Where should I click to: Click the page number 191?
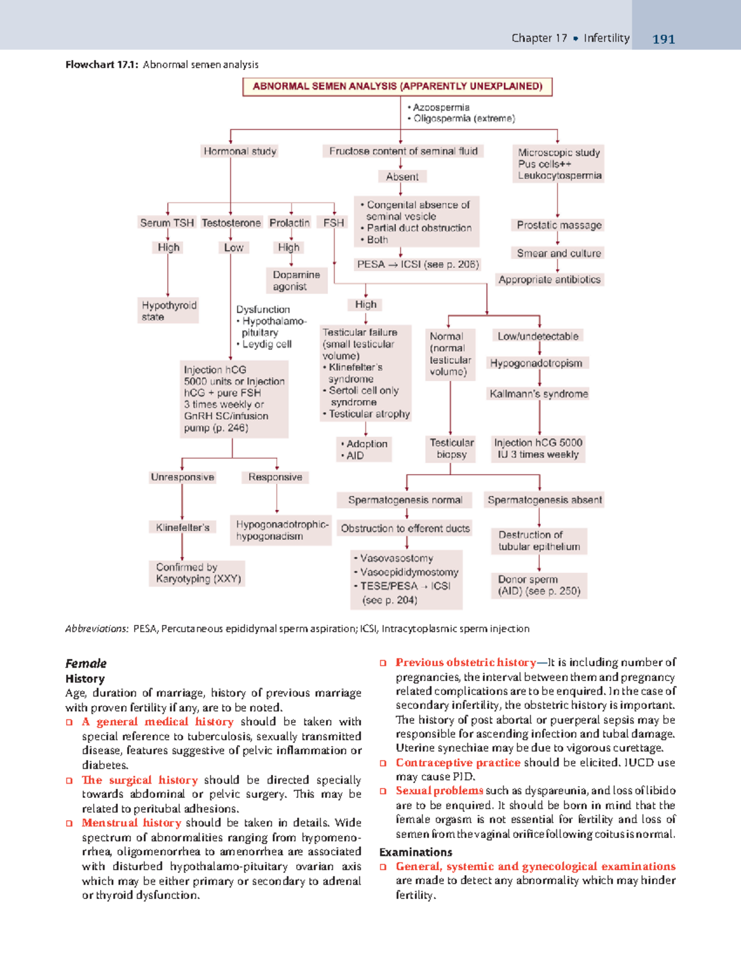[663, 39]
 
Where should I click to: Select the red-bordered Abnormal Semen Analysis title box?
[397, 86]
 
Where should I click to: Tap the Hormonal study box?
[240, 151]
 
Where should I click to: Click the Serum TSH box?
[167, 222]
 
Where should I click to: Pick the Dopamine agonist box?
[296, 280]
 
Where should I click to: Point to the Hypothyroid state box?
[169, 311]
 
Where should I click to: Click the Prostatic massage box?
[559, 225]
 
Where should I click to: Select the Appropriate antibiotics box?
[550, 280]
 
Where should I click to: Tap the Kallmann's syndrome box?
[538, 394]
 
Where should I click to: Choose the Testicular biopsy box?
[451, 448]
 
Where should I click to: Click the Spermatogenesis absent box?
[544, 500]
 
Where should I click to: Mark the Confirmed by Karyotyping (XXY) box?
[198, 573]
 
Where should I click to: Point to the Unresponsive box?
[182, 477]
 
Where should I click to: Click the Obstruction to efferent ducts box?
[405, 529]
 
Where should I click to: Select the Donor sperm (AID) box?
[538, 585]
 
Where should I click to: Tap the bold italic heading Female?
[86, 664]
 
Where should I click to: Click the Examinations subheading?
[416, 852]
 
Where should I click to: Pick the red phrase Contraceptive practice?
[458, 763]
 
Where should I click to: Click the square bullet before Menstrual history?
[70, 823]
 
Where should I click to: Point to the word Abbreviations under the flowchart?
[96, 629]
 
